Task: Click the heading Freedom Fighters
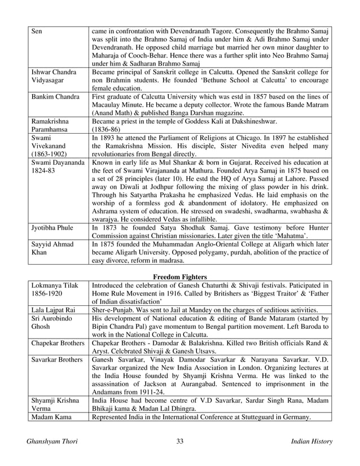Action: [x=180, y=276]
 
